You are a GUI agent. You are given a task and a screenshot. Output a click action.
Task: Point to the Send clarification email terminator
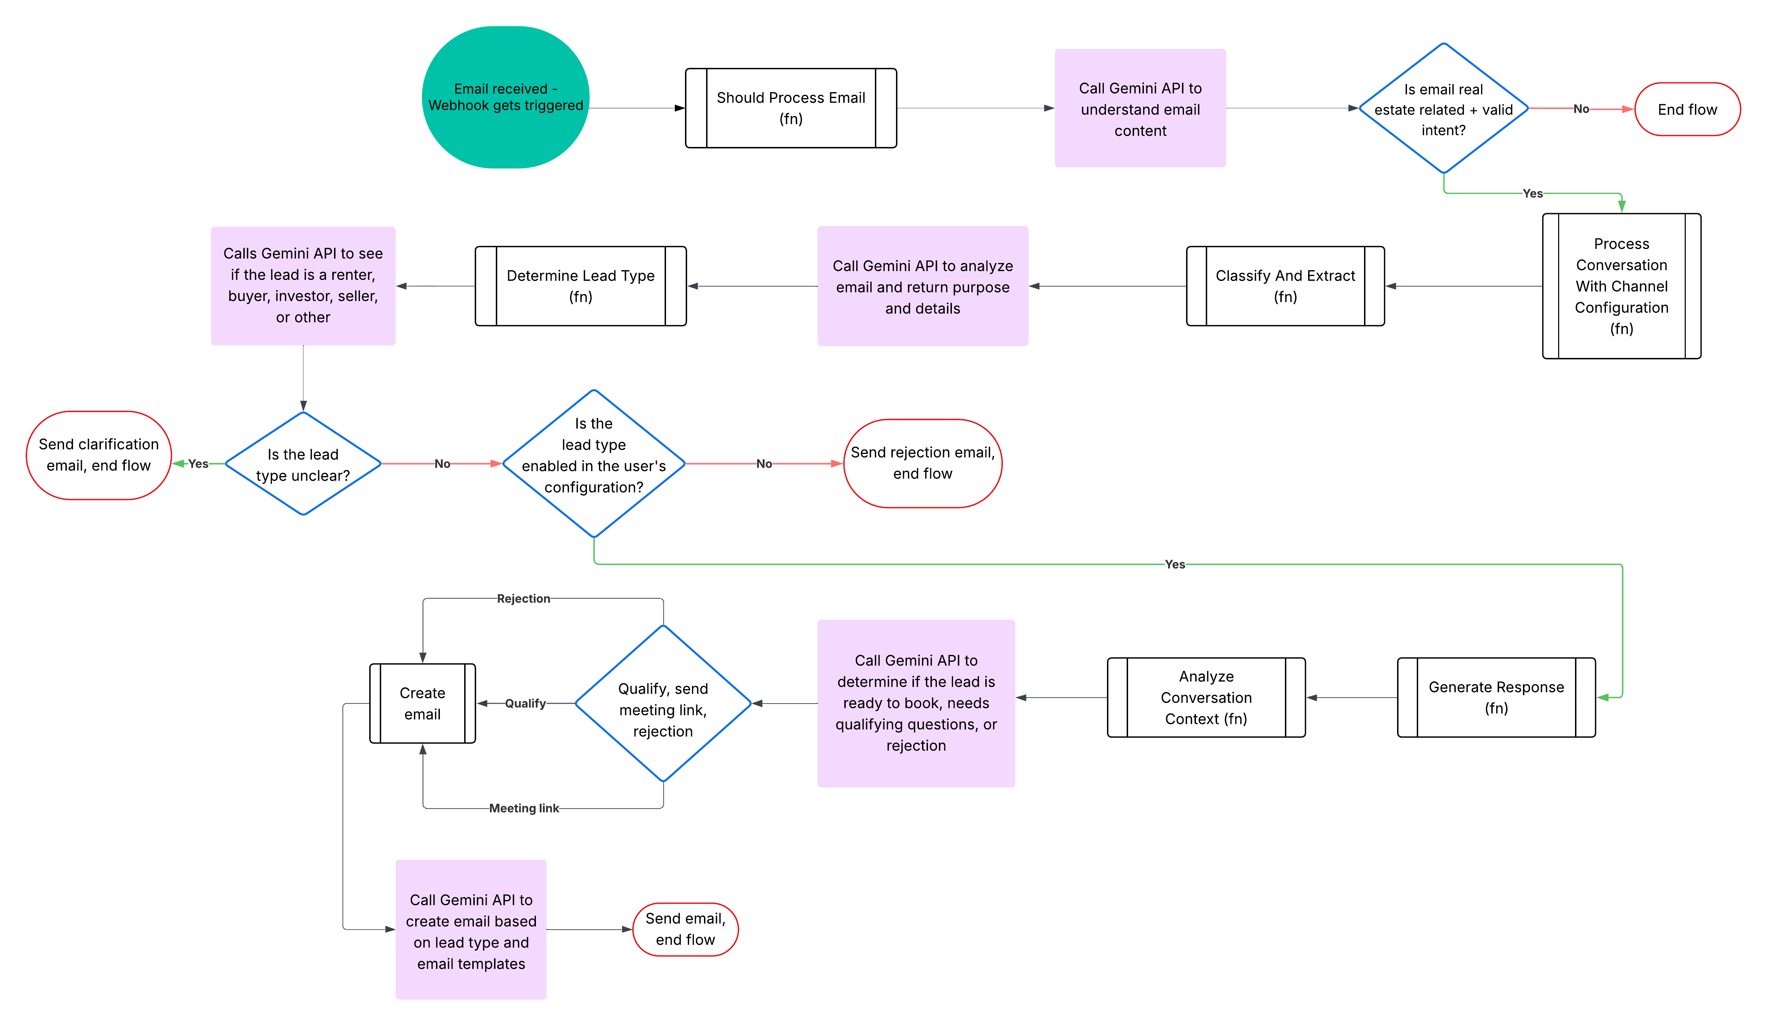[99, 455]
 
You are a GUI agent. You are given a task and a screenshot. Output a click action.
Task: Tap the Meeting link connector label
[524, 808]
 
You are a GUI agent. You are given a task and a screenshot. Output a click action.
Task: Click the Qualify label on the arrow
[525, 704]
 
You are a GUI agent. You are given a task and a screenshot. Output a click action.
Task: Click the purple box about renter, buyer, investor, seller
[303, 286]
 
